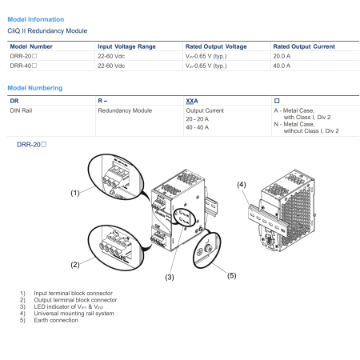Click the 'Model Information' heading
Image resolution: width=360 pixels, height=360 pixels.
coord(36,19)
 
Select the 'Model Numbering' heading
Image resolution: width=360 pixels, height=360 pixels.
coord(35,88)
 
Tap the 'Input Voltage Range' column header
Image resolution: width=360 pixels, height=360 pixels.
coord(126,46)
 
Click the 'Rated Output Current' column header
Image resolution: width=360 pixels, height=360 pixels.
coord(304,46)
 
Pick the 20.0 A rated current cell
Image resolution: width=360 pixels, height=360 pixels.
coord(282,56)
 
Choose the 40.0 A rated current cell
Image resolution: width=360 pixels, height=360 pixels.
coord(282,66)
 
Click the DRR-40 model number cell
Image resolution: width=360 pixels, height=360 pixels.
coord(23,66)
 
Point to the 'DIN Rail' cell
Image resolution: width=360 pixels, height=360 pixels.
coord(21,110)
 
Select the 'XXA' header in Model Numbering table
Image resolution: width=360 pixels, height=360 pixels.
coord(192,101)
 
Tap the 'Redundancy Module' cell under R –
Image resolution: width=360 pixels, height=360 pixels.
coord(125,110)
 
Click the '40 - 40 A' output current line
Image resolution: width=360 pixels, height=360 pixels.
coord(198,127)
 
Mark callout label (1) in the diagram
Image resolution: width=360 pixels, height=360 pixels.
coord(75,193)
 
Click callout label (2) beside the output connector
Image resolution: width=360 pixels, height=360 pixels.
coord(75,265)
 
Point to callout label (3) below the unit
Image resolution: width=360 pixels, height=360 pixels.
coord(170,278)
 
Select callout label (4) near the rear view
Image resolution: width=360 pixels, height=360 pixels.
coord(242,185)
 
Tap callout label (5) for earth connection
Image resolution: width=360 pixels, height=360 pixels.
coord(232,275)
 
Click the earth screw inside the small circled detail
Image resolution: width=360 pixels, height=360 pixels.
coord(208,249)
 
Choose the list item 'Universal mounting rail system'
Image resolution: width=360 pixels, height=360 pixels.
coord(74,314)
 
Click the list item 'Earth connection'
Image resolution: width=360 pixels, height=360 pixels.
coord(56,320)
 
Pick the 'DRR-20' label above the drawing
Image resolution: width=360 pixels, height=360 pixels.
coord(31,145)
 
